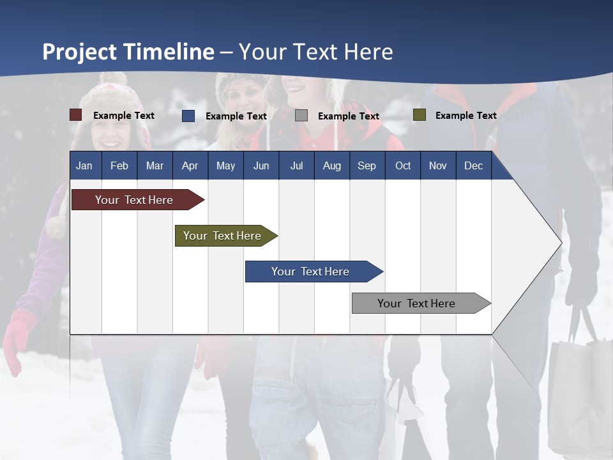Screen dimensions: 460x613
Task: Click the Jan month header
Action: tap(85, 165)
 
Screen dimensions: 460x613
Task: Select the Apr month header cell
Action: tap(190, 165)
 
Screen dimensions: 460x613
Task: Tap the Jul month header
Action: tap(296, 165)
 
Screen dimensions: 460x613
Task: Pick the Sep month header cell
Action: tap(367, 165)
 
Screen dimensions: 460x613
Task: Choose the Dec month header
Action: tap(474, 165)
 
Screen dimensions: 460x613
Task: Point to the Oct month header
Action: tap(403, 165)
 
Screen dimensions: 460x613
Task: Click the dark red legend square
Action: tap(76, 115)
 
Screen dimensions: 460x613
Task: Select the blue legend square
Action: tap(188, 116)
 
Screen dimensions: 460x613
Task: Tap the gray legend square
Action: tap(301, 116)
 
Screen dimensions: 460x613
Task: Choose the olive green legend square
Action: tap(420, 115)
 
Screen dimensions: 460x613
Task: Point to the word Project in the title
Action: tap(80, 52)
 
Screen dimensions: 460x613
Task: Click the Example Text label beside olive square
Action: tap(465, 115)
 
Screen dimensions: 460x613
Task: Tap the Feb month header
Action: tap(119, 165)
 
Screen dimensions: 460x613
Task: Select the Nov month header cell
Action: tap(438, 165)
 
